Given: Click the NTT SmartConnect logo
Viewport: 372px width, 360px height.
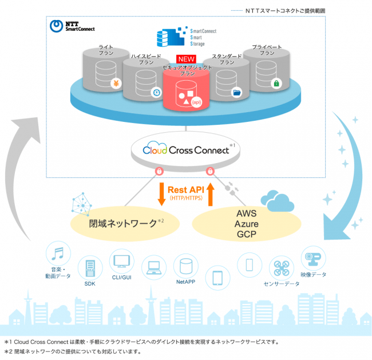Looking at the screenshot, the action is pos(72,26).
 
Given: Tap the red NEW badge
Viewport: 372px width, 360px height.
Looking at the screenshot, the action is pos(186,59).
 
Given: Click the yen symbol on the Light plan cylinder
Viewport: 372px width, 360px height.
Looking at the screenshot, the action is pos(116,84).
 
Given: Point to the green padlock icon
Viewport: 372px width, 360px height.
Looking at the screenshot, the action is pos(276,84).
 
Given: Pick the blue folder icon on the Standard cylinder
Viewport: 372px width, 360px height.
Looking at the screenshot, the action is pos(236,92).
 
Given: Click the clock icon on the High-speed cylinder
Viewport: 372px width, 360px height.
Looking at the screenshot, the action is pos(156,92).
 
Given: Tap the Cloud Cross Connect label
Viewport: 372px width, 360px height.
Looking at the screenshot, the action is pos(186,150).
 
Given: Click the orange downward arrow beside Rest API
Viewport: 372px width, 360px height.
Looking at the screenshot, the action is pos(161,194).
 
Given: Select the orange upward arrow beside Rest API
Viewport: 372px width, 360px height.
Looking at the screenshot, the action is pos(211,194).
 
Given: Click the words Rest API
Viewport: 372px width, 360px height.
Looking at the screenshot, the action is pos(186,190).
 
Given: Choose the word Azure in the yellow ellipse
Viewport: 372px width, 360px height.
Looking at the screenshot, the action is pos(247,224).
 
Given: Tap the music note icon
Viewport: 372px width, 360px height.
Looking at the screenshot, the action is pos(58,254).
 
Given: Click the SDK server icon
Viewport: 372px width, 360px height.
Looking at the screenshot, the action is pos(90,268).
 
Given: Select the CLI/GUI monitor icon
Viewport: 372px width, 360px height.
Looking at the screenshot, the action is pos(122,261).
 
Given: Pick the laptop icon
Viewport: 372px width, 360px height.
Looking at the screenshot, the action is pos(154,267).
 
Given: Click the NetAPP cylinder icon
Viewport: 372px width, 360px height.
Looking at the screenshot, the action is pos(186,266).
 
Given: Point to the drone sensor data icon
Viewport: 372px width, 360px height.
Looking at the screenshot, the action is pos(282,268).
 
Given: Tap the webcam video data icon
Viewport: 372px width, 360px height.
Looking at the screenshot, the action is pos(313,259).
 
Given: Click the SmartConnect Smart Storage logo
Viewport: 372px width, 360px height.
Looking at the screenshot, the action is pos(187,37).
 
